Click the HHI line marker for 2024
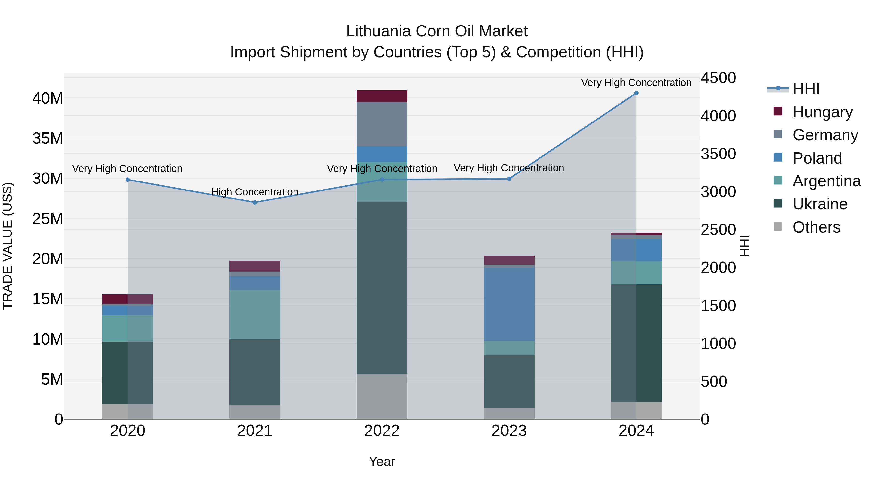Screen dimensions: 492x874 (636, 93)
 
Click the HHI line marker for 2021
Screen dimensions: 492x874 (255, 202)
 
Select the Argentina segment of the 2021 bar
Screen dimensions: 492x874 (255, 314)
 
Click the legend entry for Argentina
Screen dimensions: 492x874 (826, 181)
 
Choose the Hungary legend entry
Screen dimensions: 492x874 (823, 112)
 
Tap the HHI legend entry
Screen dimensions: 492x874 (806, 89)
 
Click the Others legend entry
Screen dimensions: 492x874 (816, 227)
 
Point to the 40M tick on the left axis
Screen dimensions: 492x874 (48, 98)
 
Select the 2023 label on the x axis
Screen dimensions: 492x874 (509, 431)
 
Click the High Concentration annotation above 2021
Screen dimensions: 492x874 (255, 192)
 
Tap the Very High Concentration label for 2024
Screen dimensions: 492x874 (636, 83)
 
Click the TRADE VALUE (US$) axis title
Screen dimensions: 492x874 (8, 246)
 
